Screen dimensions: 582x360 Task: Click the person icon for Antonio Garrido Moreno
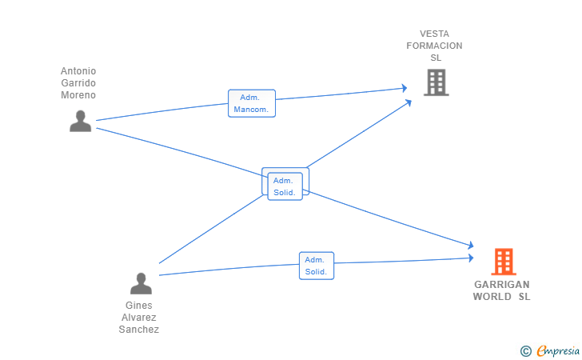[x=80, y=121]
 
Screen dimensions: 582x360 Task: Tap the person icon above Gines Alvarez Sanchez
[x=141, y=283]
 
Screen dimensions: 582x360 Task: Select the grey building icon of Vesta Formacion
[x=436, y=82]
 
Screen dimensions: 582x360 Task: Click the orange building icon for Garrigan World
[x=504, y=262]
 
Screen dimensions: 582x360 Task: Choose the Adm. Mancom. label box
[x=252, y=103]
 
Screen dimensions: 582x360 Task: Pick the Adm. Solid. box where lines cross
[x=285, y=186]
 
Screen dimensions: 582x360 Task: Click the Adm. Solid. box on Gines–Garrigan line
[x=317, y=266]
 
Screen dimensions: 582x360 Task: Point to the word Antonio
[x=78, y=71]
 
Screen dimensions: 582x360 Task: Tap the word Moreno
[x=78, y=95]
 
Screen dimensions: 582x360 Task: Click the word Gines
[x=139, y=306]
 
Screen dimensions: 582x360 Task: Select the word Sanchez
[x=139, y=330]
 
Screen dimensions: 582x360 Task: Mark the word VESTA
[x=435, y=34]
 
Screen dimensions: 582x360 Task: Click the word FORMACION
[x=434, y=46]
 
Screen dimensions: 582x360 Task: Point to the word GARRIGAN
[x=502, y=285]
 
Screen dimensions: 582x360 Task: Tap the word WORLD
[x=492, y=297]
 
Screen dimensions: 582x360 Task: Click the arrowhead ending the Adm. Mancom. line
[x=405, y=88]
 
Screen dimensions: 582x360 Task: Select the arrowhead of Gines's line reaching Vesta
[x=409, y=102]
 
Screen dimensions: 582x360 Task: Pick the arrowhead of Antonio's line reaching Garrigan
[x=471, y=246]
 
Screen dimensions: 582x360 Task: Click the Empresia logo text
[x=558, y=350]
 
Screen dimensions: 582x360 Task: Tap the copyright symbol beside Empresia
[x=526, y=351]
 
